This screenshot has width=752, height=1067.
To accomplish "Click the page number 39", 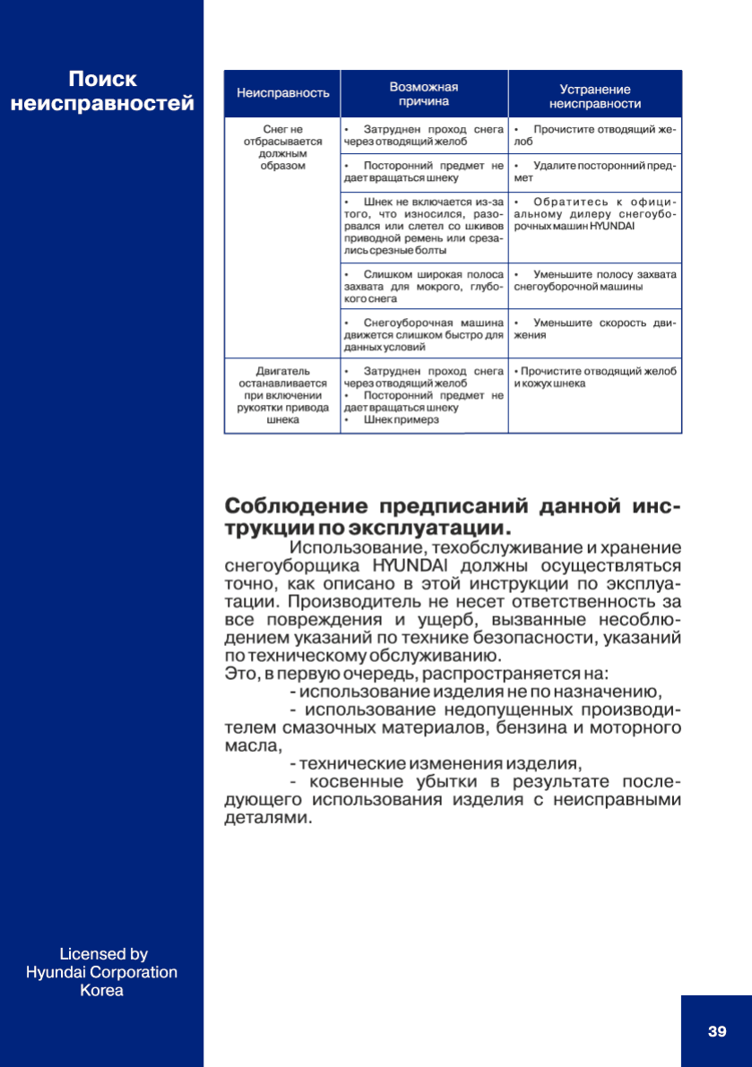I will pyautogui.click(x=717, y=1031).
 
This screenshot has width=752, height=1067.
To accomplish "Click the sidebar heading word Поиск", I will pyautogui.click(x=103, y=79).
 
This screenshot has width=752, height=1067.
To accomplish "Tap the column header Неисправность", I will pyautogui.click(x=282, y=93).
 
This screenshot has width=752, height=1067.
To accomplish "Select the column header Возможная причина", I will pyautogui.click(x=424, y=94).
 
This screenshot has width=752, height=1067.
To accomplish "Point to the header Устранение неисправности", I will pyautogui.click(x=594, y=96).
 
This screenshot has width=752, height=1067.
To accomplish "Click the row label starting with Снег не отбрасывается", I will pyautogui.click(x=282, y=148).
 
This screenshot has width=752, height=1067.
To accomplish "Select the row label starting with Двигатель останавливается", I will pyautogui.click(x=282, y=395).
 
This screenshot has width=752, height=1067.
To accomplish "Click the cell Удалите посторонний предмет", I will pyautogui.click(x=595, y=172).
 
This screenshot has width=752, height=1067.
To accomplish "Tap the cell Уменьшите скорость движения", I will pyautogui.click(x=595, y=329).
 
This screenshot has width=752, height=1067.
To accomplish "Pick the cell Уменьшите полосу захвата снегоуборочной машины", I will pyautogui.click(x=595, y=280).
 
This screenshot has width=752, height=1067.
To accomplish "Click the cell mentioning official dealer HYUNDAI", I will pyautogui.click(x=595, y=215).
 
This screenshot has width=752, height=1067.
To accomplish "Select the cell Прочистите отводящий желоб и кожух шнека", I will pyautogui.click(x=595, y=377).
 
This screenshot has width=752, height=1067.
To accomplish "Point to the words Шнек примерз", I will pyautogui.click(x=401, y=420).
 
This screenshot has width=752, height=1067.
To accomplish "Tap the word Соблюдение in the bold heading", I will pyautogui.click(x=291, y=506).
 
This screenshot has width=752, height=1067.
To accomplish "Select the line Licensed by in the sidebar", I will pyautogui.click(x=103, y=954).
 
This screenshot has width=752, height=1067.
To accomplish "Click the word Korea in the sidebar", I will pyautogui.click(x=102, y=991).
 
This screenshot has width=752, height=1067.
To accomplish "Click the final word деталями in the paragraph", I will pyautogui.click(x=267, y=819).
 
